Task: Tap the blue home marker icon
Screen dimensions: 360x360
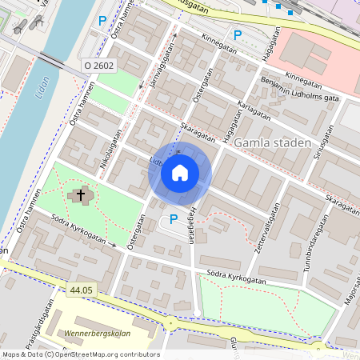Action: [x=179, y=172]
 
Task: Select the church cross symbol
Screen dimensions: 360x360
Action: [x=80, y=194]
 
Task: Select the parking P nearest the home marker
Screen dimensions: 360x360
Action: [x=173, y=220]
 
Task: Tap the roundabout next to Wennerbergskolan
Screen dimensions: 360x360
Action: [x=170, y=323]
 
